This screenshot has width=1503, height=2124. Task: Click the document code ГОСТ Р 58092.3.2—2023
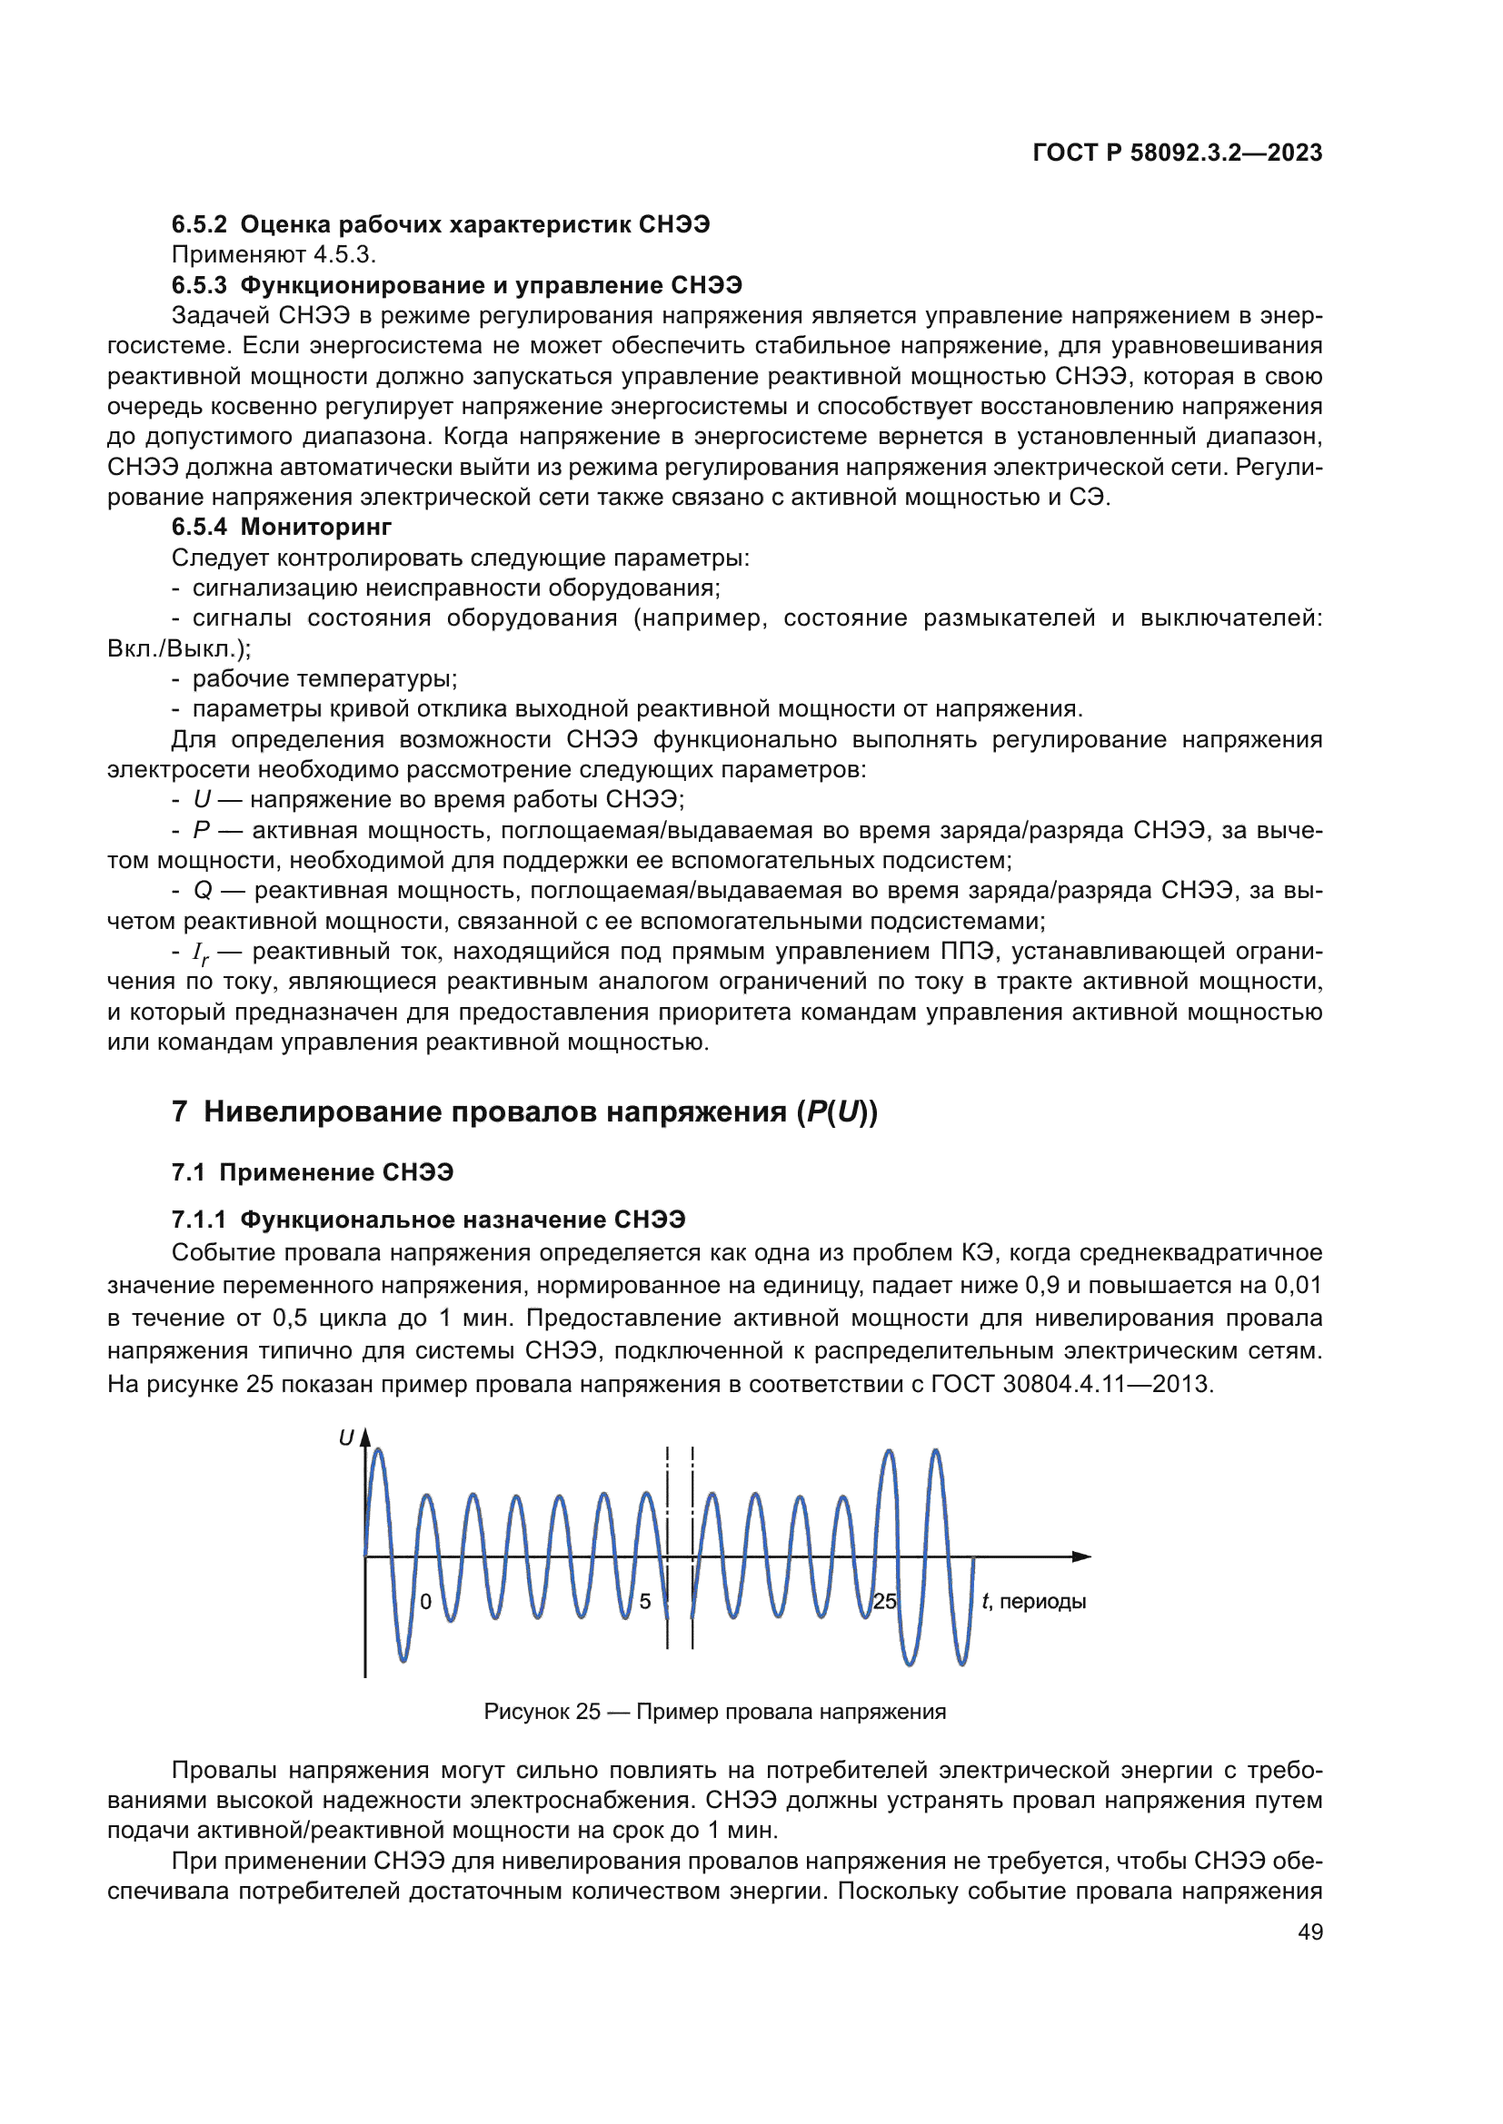tap(1177, 153)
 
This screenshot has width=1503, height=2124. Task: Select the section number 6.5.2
tap(199, 225)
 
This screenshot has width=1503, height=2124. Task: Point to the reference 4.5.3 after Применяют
tap(343, 254)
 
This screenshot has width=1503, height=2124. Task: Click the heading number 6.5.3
tap(199, 285)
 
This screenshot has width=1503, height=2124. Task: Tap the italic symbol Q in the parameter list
tap(203, 891)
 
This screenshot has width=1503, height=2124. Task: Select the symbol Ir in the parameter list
tap(201, 953)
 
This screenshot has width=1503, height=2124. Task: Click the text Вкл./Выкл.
tap(178, 648)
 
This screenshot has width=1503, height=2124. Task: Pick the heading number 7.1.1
tap(199, 1220)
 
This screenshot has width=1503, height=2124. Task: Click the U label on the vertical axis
tap(346, 1438)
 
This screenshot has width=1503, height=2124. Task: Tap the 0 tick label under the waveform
tap(425, 1601)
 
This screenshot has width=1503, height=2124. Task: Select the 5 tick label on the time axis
tap(645, 1601)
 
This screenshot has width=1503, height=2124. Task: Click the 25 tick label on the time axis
tap(885, 1601)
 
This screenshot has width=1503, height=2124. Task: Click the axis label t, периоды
tap(1034, 1601)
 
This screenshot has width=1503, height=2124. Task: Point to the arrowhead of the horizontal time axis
tap(1083, 1557)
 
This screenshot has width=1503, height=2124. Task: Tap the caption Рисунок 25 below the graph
tap(542, 1712)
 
